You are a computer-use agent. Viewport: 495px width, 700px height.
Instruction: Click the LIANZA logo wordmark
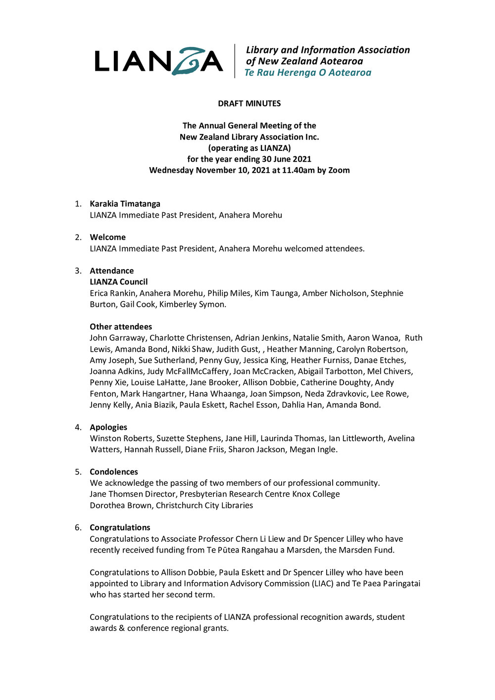158,61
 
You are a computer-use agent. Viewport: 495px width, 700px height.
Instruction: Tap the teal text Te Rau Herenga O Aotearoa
308,73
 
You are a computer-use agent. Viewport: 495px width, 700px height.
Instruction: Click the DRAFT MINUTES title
249,103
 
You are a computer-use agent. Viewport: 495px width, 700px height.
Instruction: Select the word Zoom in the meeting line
339,170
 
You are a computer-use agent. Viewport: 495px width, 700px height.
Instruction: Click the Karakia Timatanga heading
125,204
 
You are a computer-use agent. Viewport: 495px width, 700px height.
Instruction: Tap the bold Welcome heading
107,237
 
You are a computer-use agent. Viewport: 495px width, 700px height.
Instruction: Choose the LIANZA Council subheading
118,282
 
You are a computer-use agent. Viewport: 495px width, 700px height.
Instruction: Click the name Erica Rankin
112,293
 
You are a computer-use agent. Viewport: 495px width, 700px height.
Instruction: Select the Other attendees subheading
121,327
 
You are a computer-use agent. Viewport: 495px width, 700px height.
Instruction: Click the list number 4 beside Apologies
78,427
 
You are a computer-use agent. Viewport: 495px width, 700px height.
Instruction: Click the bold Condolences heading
114,472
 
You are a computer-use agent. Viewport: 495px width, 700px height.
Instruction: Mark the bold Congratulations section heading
120,528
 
